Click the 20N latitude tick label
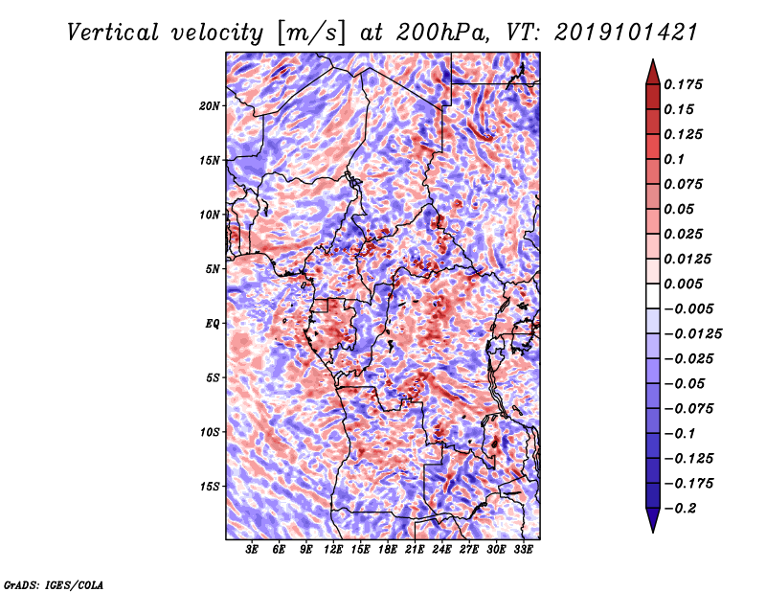pyautogui.click(x=210, y=105)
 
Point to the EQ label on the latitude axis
pyautogui.click(x=212, y=324)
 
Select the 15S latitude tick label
pyautogui.click(x=210, y=487)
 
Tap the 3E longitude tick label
pyautogui.click(x=253, y=550)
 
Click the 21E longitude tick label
pyautogui.click(x=415, y=550)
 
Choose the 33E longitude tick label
pyautogui.click(x=523, y=550)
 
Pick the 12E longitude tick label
pyautogui.click(x=333, y=550)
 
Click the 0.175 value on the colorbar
pyautogui.click(x=687, y=84)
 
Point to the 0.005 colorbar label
pyautogui.click(x=687, y=285)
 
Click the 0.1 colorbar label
pyautogui.click(x=678, y=159)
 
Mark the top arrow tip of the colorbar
pyautogui.click(x=652, y=61)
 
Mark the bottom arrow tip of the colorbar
pyautogui.click(x=652, y=531)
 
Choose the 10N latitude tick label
pyautogui.click(x=210, y=215)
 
